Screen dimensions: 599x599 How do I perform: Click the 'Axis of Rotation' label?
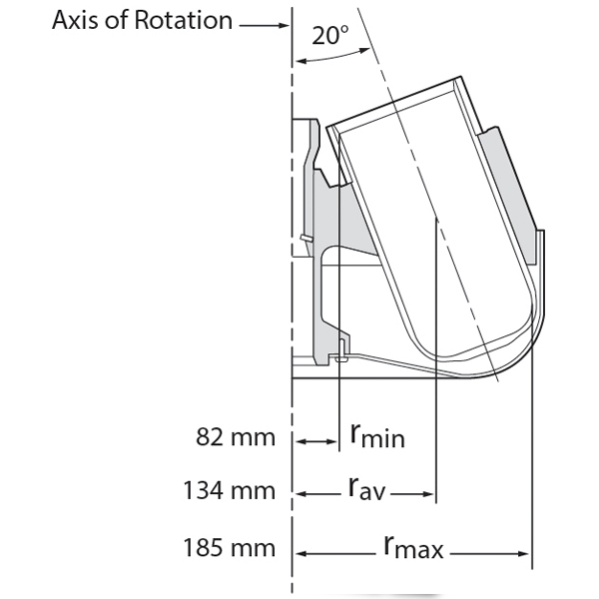pyautogui.click(x=142, y=20)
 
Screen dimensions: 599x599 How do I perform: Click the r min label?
pyautogui.click(x=376, y=435)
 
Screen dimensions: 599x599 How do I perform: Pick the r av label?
pyautogui.click(x=366, y=490)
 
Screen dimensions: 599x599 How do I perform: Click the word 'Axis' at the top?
pyautogui.click(x=76, y=20)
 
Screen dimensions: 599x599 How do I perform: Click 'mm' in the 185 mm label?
pyautogui.click(x=254, y=547)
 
